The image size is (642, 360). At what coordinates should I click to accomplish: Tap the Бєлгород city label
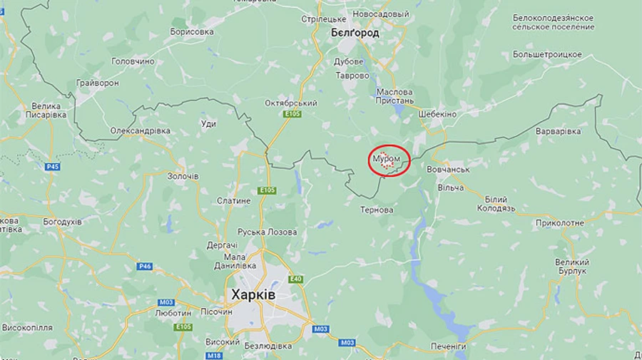[355, 33]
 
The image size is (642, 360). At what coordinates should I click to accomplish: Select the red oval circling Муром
[390, 160]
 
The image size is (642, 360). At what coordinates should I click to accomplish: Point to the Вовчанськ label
[447, 170]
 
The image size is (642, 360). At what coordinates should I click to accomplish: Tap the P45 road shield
[53, 167]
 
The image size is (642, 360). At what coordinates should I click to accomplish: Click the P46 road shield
[144, 266]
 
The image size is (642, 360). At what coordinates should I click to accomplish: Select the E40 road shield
[295, 279]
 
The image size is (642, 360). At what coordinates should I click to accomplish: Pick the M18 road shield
[214, 355]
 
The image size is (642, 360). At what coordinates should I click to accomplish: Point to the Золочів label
[182, 175]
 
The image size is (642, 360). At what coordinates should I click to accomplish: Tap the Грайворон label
[98, 83]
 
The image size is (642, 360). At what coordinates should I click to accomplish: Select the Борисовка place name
[192, 32]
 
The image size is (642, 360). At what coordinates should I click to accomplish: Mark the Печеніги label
[449, 346]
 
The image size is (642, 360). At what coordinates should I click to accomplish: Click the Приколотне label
[560, 222]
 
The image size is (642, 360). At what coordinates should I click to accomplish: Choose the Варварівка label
[558, 131]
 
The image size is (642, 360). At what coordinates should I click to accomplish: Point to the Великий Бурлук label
[572, 267]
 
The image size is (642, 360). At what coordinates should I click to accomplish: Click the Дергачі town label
[222, 245]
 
